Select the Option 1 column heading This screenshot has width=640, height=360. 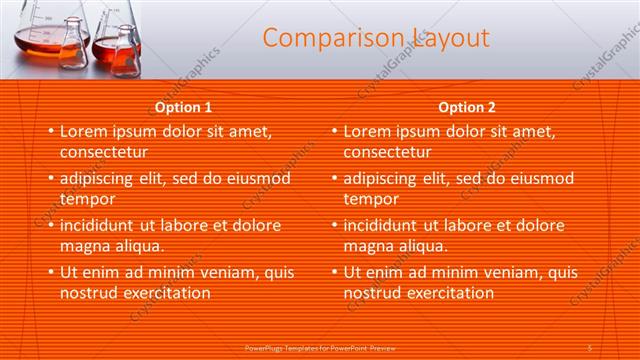183,108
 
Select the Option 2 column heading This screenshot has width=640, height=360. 467,108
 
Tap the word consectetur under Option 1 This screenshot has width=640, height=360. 104,153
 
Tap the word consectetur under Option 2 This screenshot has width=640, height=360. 388,153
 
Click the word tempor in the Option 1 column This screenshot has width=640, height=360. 87,199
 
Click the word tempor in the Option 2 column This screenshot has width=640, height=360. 371,199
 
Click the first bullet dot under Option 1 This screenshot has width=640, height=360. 51,132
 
